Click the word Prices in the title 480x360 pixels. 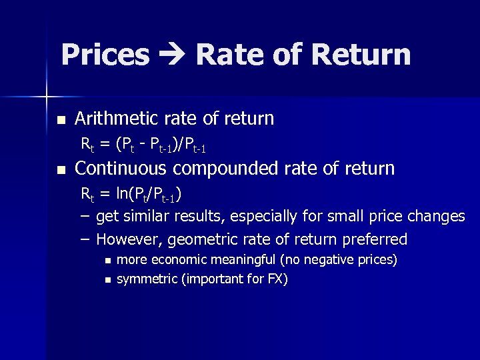pyautogui.click(x=105, y=55)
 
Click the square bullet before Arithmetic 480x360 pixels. pyautogui.click(x=61, y=120)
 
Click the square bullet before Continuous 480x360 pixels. pyautogui.click(x=61, y=169)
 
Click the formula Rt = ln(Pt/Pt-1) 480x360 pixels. pyautogui.click(x=132, y=195)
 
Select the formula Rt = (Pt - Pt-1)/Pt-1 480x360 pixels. pyautogui.click(x=147, y=143)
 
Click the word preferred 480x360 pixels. pyautogui.click(x=374, y=239)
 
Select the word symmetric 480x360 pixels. pyautogui.click(x=147, y=279)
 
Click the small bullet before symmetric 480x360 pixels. pyautogui.click(x=108, y=279)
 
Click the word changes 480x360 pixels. pyautogui.click(x=440, y=216)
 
